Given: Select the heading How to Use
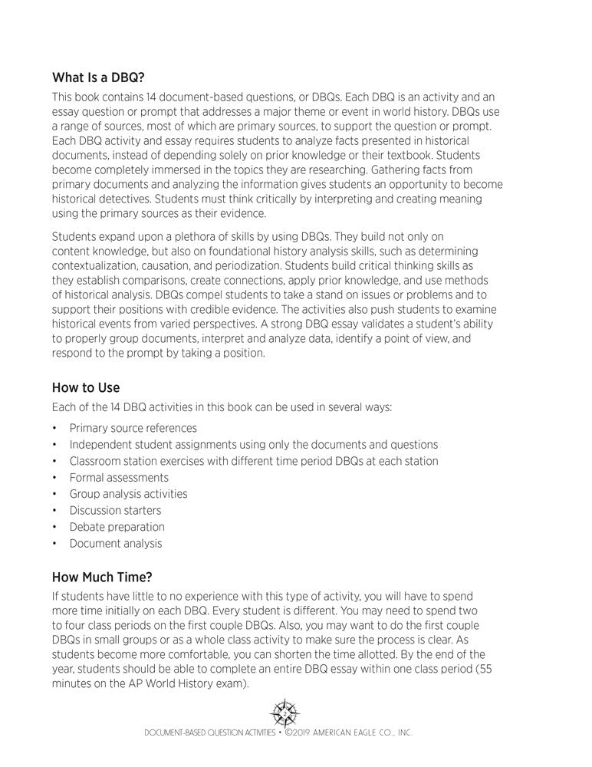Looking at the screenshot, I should click(85, 388).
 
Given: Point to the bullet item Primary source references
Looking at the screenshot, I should click(133, 428).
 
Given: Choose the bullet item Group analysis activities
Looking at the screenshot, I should click(128, 494).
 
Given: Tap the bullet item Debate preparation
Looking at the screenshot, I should click(117, 527).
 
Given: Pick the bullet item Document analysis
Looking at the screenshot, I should click(116, 543).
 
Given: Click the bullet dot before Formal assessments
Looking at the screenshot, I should click(55, 478).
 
